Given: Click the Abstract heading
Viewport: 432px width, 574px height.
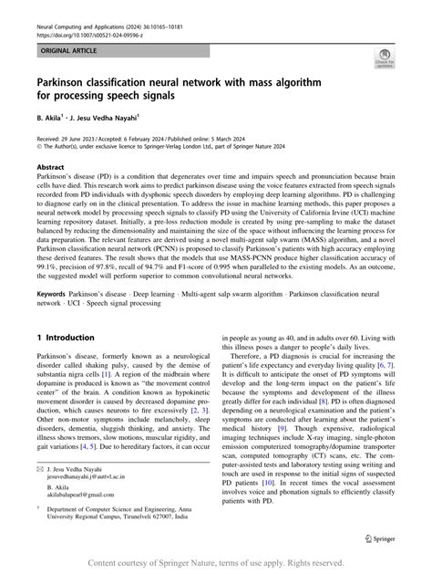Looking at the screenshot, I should [50, 167].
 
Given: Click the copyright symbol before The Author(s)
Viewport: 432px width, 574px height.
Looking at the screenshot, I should [38, 145].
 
